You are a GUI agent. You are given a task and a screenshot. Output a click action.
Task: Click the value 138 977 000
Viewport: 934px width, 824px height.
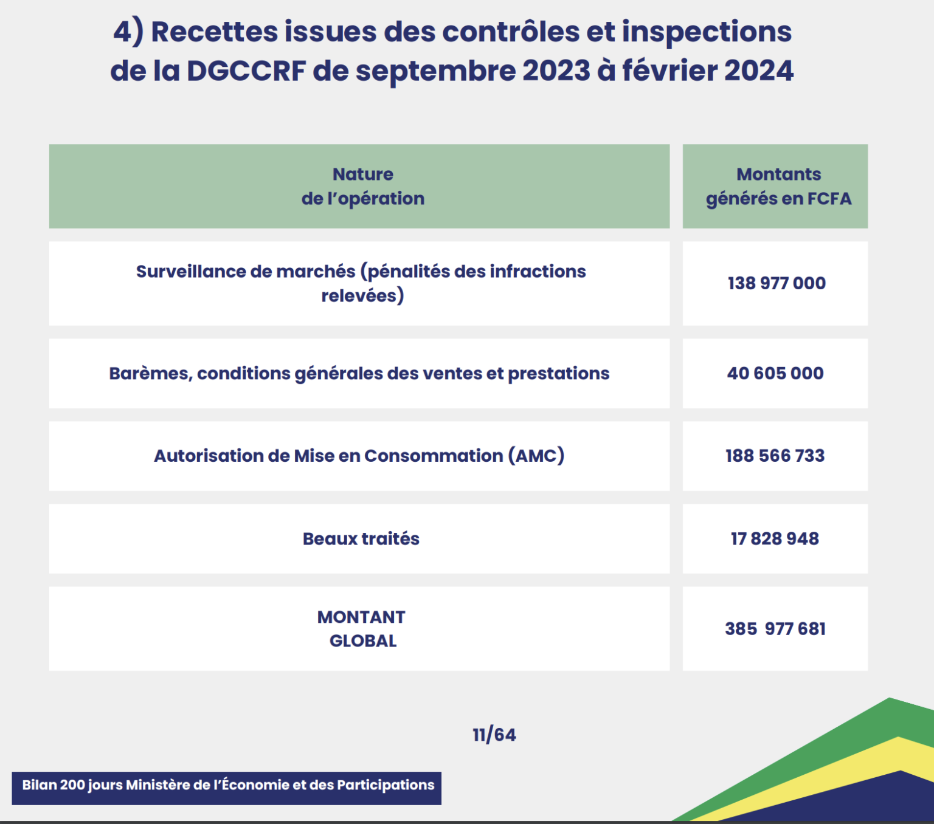(x=777, y=283)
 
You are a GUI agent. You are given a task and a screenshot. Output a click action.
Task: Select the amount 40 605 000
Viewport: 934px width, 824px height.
(x=775, y=373)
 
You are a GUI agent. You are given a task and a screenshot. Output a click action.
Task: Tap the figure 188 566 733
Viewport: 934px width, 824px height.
(x=775, y=456)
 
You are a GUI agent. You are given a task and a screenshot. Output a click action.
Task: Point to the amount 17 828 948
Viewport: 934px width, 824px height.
(x=775, y=538)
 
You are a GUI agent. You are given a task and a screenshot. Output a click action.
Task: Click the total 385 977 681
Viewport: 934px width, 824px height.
(x=775, y=628)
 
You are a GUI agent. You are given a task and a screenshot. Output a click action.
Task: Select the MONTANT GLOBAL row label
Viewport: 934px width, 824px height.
(x=362, y=628)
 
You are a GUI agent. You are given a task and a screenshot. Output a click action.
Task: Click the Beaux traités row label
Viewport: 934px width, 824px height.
(x=361, y=538)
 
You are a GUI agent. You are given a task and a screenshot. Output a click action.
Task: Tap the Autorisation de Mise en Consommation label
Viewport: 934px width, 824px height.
(x=359, y=456)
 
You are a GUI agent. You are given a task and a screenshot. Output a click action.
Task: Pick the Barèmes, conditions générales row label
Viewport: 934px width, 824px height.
(x=359, y=373)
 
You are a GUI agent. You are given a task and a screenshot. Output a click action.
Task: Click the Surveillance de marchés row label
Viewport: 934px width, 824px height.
(x=361, y=283)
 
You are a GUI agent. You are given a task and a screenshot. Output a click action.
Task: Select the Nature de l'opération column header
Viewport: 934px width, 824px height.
(x=363, y=186)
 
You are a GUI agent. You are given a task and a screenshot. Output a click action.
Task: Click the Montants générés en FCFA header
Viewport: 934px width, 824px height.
(x=778, y=186)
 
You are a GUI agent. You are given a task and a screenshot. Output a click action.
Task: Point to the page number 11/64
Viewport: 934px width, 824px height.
(x=494, y=735)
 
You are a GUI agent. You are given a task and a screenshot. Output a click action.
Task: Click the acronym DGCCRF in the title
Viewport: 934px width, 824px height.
(x=246, y=70)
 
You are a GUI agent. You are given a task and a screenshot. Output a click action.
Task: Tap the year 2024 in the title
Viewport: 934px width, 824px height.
(x=759, y=70)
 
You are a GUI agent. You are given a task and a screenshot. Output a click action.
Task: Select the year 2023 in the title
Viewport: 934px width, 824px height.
(x=556, y=70)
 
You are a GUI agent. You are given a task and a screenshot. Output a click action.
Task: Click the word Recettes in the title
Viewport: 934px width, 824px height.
(x=215, y=32)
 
